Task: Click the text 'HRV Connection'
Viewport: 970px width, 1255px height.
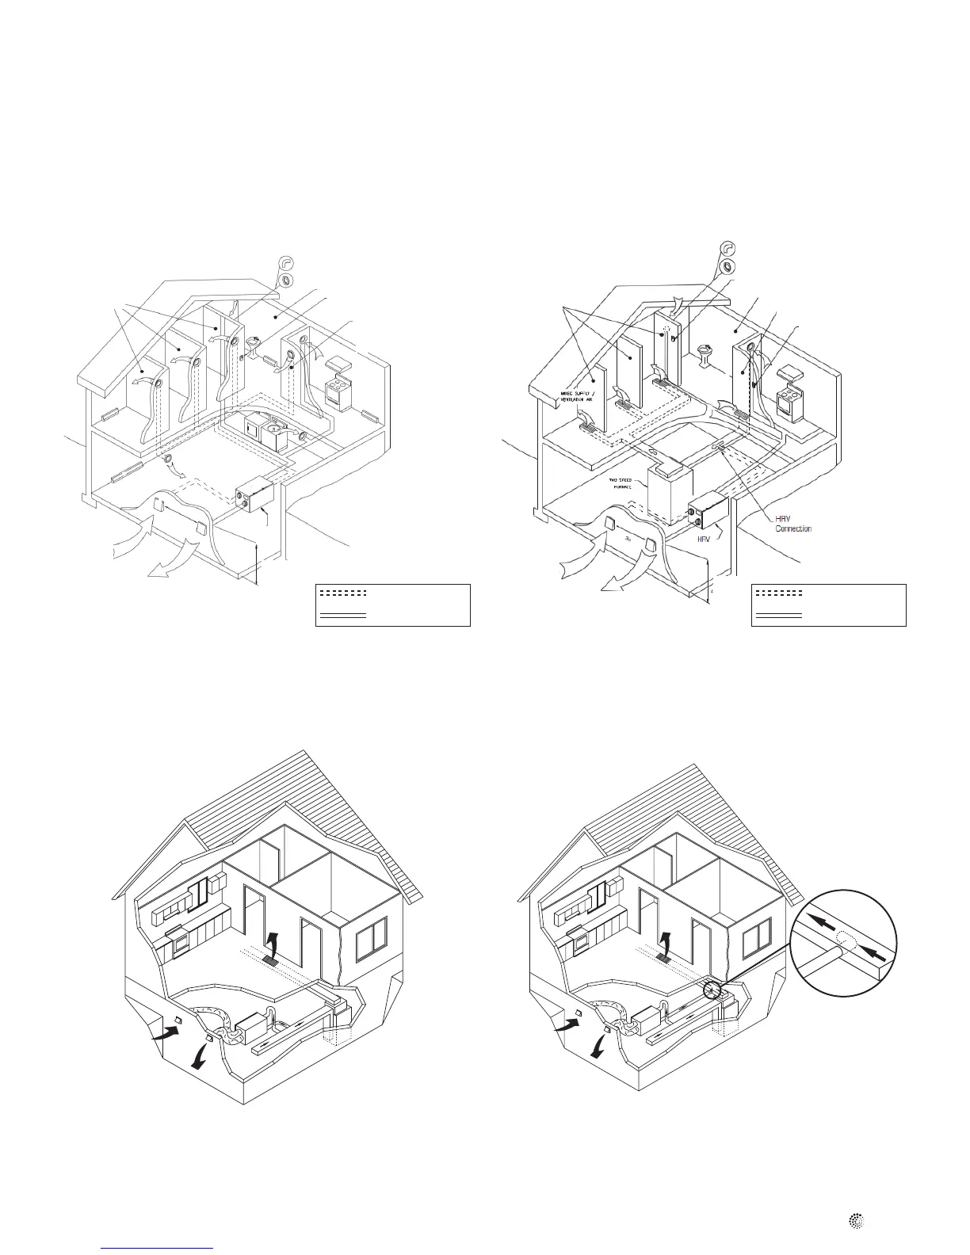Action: pyautogui.click(x=792, y=524)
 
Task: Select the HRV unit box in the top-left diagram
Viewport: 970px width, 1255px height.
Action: pyautogui.click(x=260, y=495)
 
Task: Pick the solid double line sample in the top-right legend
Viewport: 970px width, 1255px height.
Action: pyautogui.click(x=778, y=614)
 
